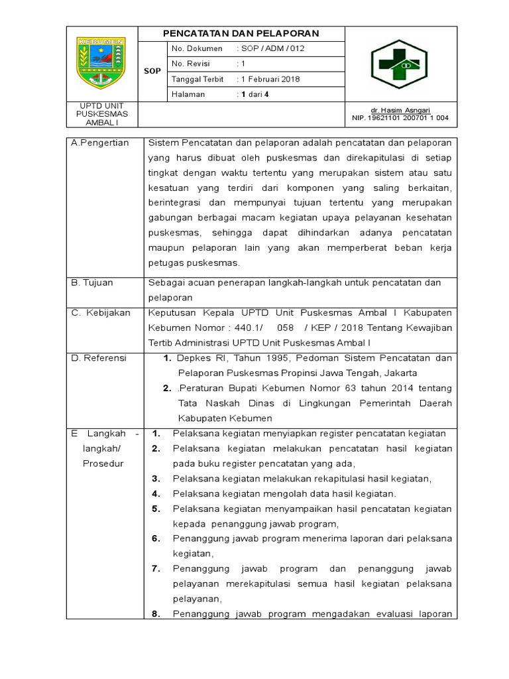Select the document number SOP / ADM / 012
tap(272, 48)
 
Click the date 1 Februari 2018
tap(269, 79)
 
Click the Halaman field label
tap(188, 94)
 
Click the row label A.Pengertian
tap(100, 143)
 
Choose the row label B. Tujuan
tap(93, 282)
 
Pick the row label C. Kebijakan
tap(101, 312)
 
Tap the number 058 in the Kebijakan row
tap(285, 328)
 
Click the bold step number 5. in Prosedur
tap(156, 509)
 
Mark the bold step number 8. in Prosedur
tap(156, 613)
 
